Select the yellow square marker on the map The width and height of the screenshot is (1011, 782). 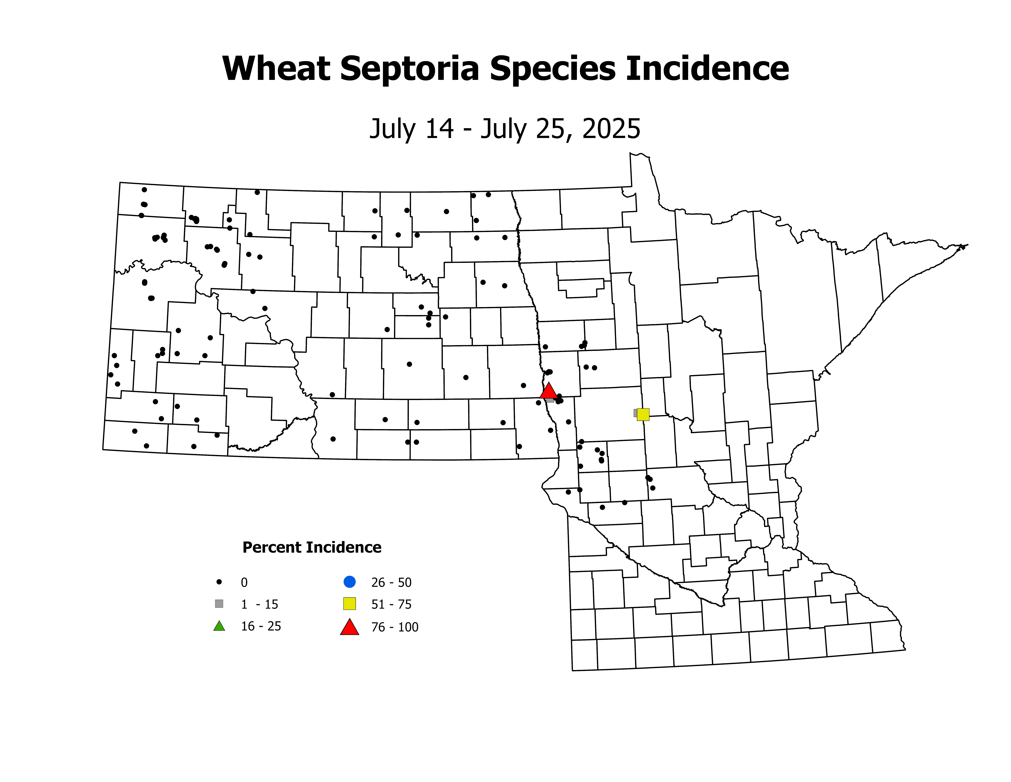coord(643,415)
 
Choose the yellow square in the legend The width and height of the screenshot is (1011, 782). coord(350,604)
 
